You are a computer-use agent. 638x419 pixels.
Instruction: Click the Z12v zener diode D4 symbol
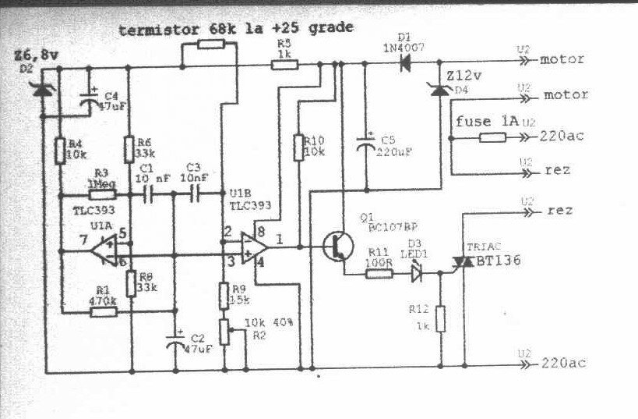pyautogui.click(x=439, y=91)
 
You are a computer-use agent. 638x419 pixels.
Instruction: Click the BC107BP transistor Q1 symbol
pyautogui.click(x=338, y=245)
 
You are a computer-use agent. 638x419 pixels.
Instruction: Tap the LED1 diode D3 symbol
pyautogui.click(x=415, y=272)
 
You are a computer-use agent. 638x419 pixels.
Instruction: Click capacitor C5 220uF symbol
pyautogui.click(x=364, y=146)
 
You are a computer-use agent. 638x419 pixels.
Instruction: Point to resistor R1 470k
pyautogui.click(x=104, y=311)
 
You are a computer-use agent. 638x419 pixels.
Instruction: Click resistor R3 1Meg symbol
pyautogui.click(x=104, y=194)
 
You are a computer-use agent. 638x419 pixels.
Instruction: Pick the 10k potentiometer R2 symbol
pyautogui.click(x=224, y=330)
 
